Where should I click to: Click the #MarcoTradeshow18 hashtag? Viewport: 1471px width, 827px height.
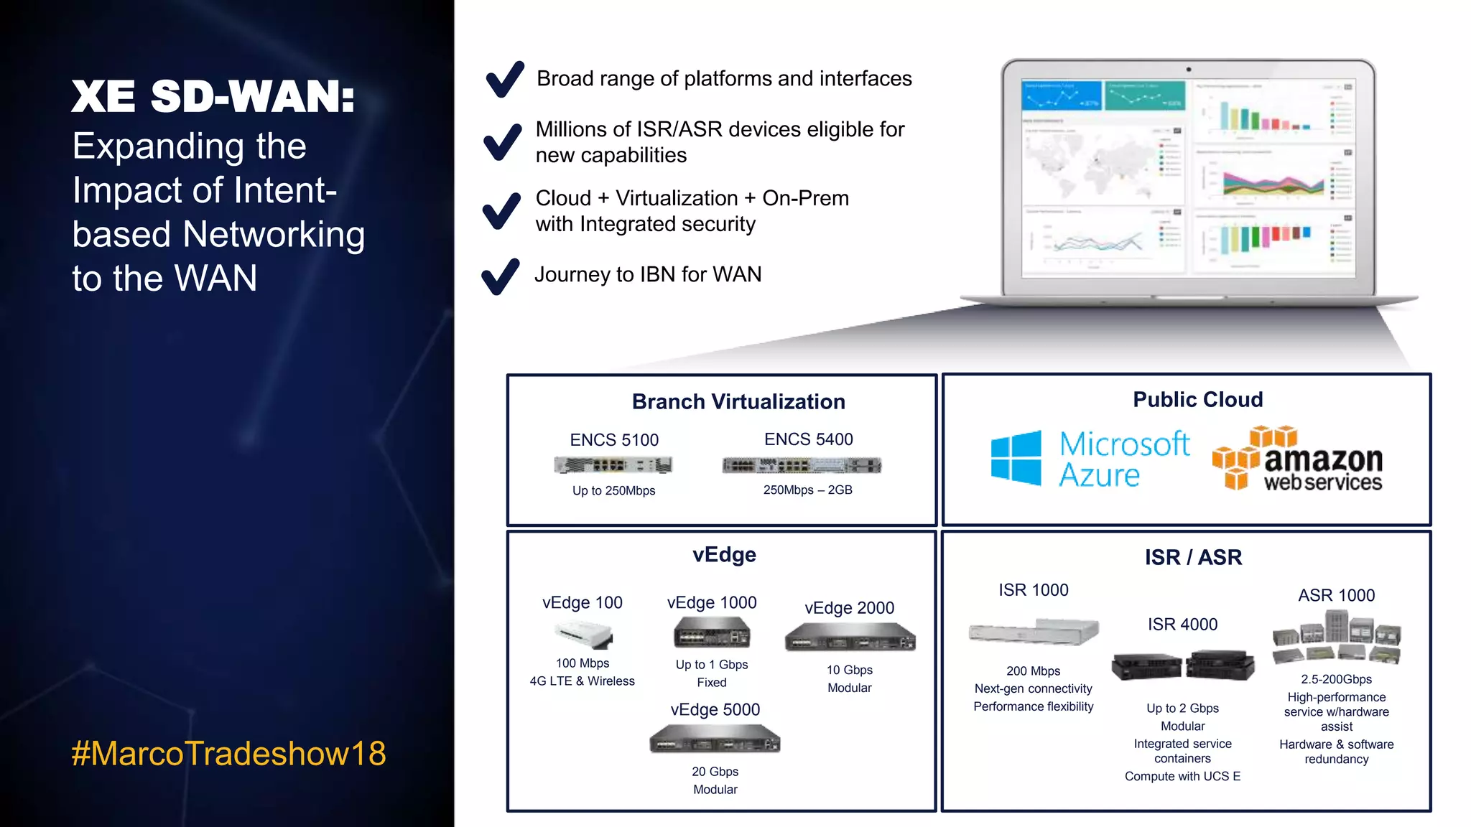click(228, 754)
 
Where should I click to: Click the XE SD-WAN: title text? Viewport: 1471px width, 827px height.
click(213, 96)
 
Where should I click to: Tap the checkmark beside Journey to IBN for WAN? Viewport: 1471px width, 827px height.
click(501, 276)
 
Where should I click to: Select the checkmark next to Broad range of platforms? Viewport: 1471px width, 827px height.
click(505, 79)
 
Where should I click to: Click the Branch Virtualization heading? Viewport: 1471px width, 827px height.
click(738, 401)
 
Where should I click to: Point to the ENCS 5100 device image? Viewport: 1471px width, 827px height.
click(613, 465)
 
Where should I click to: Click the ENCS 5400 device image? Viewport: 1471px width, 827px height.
click(802, 466)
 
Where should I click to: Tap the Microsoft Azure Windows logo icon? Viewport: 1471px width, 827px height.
click(1016, 458)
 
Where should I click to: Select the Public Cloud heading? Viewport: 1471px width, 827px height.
click(1197, 399)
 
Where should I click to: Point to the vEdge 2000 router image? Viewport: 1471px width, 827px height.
click(850, 637)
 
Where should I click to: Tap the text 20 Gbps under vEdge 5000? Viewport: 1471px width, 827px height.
click(715, 772)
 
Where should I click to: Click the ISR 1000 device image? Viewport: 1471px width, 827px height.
click(1034, 632)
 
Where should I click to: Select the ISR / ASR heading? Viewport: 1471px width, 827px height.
click(1193, 557)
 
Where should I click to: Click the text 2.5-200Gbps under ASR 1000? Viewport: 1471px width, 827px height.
click(1336, 679)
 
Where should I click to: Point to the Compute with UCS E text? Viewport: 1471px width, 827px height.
click(1182, 776)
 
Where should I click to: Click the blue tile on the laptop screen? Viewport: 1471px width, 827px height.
click(1061, 95)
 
